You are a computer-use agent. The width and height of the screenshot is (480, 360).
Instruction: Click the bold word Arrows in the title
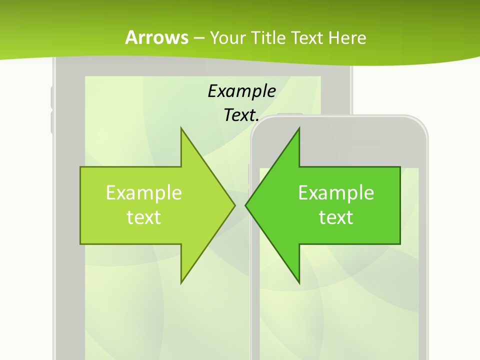click(156, 37)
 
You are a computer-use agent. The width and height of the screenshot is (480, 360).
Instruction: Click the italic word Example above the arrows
click(241, 91)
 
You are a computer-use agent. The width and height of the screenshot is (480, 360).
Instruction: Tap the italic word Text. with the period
click(241, 115)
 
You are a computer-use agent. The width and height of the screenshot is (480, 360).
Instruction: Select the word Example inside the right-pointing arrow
click(144, 192)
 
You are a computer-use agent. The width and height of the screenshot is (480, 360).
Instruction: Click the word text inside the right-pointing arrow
click(144, 217)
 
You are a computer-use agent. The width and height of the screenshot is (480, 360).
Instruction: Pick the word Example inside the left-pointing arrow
click(336, 192)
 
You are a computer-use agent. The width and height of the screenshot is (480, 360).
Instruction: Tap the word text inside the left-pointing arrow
click(336, 217)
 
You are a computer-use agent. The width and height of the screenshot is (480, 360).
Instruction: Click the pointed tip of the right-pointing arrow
click(234, 205)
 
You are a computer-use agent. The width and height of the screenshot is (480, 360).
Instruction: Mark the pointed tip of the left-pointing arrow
click(246, 205)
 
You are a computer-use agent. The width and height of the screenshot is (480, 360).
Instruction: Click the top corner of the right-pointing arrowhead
click(181, 128)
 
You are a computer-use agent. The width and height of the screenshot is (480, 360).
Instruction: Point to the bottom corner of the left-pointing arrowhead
click(298, 282)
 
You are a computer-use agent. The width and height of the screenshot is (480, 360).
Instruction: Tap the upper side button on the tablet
click(51, 97)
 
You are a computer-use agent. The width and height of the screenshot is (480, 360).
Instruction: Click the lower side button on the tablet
click(51, 122)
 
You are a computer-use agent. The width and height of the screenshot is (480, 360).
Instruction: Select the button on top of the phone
click(290, 114)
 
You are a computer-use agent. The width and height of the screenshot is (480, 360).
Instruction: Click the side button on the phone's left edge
click(249, 172)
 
